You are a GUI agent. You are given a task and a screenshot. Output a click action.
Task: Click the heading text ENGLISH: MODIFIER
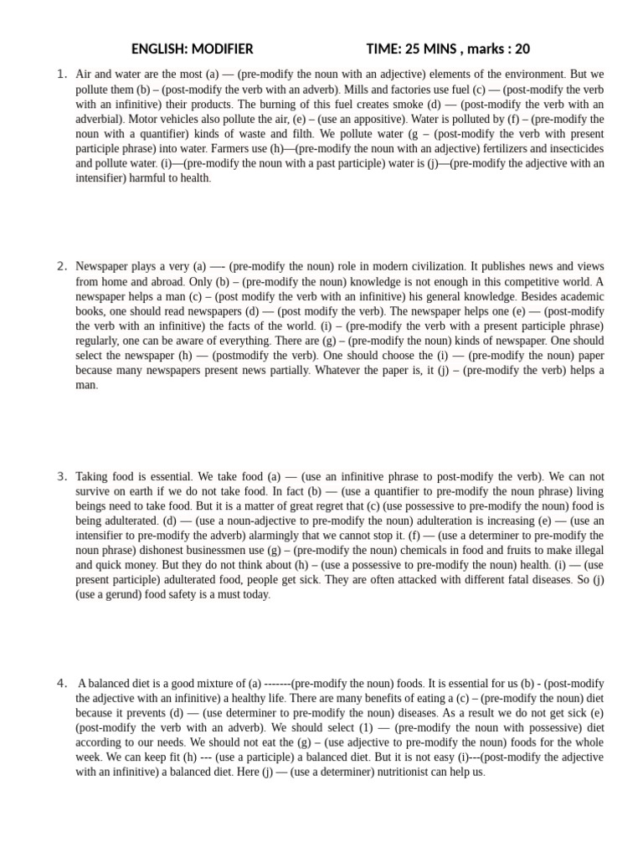pyautogui.click(x=192, y=49)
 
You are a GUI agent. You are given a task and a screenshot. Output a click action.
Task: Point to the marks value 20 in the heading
pyautogui.click(x=522, y=49)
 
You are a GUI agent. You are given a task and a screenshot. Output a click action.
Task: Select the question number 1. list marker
pyautogui.click(x=62, y=74)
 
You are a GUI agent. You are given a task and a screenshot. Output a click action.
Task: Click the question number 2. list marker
pyautogui.click(x=62, y=267)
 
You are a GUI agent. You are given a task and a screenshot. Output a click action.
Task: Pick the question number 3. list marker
pyautogui.click(x=62, y=477)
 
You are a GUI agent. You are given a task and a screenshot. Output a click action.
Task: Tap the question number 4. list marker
pyautogui.click(x=62, y=683)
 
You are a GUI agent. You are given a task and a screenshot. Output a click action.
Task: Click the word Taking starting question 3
pyautogui.click(x=92, y=477)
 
